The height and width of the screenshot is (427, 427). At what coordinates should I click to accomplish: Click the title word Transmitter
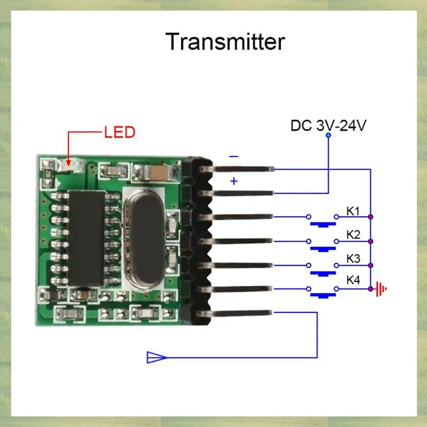tap(225, 42)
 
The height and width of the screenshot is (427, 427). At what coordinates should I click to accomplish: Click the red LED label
tap(120, 132)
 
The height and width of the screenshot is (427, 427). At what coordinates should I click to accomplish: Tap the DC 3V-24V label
tap(328, 126)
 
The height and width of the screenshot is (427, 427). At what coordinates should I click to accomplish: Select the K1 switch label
tap(353, 211)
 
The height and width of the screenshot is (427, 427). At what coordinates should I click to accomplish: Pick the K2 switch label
tap(353, 235)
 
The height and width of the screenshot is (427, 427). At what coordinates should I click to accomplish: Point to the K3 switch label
tap(353, 259)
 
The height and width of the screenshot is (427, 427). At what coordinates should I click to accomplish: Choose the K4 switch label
tap(353, 280)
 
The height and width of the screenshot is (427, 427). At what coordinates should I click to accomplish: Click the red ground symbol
tap(381, 289)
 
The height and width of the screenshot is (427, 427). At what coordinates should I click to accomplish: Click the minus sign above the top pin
tap(234, 157)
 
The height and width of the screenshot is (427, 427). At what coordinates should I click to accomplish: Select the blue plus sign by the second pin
tap(234, 181)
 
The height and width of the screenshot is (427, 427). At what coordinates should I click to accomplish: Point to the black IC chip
tap(85, 238)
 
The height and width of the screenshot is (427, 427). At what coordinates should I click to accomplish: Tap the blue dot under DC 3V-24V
tap(328, 136)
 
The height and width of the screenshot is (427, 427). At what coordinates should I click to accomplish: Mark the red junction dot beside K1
tap(370, 217)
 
